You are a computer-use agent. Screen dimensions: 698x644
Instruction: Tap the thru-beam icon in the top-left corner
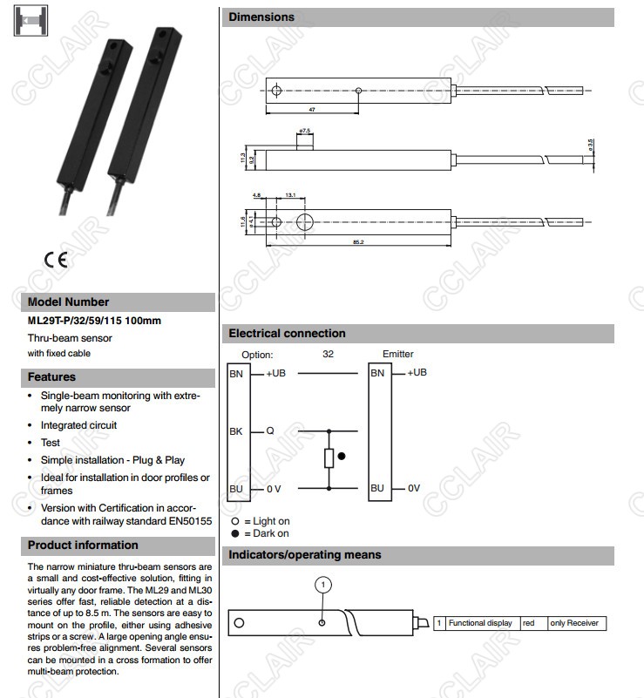coord(30,21)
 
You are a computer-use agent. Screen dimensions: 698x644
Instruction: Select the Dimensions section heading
coord(261,17)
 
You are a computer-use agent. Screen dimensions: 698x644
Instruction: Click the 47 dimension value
coord(311,110)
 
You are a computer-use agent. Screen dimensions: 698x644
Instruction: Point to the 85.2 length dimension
coord(358,241)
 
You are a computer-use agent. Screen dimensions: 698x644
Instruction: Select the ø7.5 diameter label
coord(305,130)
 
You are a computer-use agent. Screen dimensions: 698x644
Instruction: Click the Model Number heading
coord(69,302)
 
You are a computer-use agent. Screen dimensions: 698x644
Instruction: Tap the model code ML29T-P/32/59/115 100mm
coord(94,321)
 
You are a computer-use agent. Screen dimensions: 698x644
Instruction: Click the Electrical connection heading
coord(287,333)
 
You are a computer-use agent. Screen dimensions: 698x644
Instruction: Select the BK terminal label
coord(236,430)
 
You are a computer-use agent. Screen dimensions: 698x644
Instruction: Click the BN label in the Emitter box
coord(377,373)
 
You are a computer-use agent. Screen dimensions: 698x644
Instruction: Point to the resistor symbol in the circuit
coord(329,457)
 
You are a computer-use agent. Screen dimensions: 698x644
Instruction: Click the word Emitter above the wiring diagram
coord(397,354)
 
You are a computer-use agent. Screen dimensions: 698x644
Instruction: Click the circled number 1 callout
coord(322,585)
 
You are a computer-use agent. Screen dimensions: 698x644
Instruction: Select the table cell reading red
coord(528,623)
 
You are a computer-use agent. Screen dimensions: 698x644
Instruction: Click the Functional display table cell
coord(480,623)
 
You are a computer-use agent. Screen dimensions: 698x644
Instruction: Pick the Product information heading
coord(83,545)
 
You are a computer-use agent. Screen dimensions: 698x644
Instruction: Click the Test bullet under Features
coord(51,443)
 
